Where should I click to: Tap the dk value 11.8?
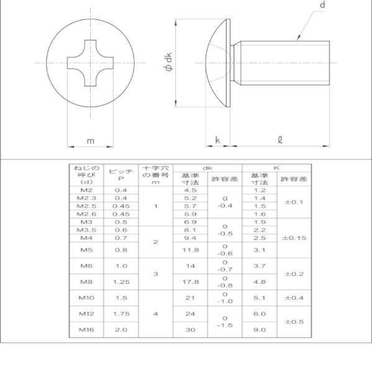click(190, 250)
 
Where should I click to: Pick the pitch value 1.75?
click(121, 314)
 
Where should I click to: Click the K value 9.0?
click(260, 330)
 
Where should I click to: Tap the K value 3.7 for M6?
click(260, 266)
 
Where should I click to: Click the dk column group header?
click(207, 168)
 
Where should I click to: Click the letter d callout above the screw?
click(323, 6)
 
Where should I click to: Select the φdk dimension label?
click(166, 63)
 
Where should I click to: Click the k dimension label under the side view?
click(217, 140)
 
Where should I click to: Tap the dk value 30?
click(190, 330)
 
